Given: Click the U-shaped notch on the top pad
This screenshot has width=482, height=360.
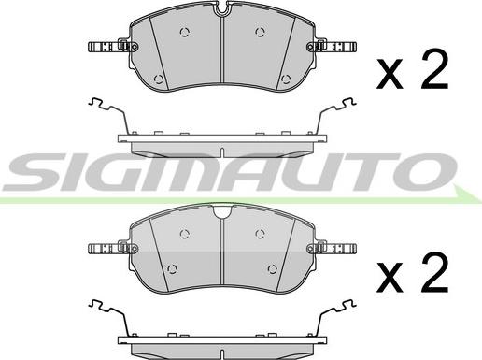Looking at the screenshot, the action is pos(221,8).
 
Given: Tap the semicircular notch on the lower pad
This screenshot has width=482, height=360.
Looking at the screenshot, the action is pos(222,211).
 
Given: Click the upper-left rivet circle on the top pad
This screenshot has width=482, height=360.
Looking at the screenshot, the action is pos(185,32).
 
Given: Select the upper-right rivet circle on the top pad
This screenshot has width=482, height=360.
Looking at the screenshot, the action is pos(261,32).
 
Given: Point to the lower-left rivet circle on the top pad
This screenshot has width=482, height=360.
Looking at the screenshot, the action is pos(159,79).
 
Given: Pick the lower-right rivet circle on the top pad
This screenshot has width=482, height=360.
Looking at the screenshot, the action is pos(286,79).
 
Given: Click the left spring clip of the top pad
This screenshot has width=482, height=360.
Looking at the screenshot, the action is pos(113,47).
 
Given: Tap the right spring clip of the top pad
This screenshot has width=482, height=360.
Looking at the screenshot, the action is pos(332,47).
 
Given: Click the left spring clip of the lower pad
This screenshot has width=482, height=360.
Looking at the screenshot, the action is pos(113,249).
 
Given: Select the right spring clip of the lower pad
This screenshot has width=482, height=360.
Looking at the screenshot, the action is pos(332,249).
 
